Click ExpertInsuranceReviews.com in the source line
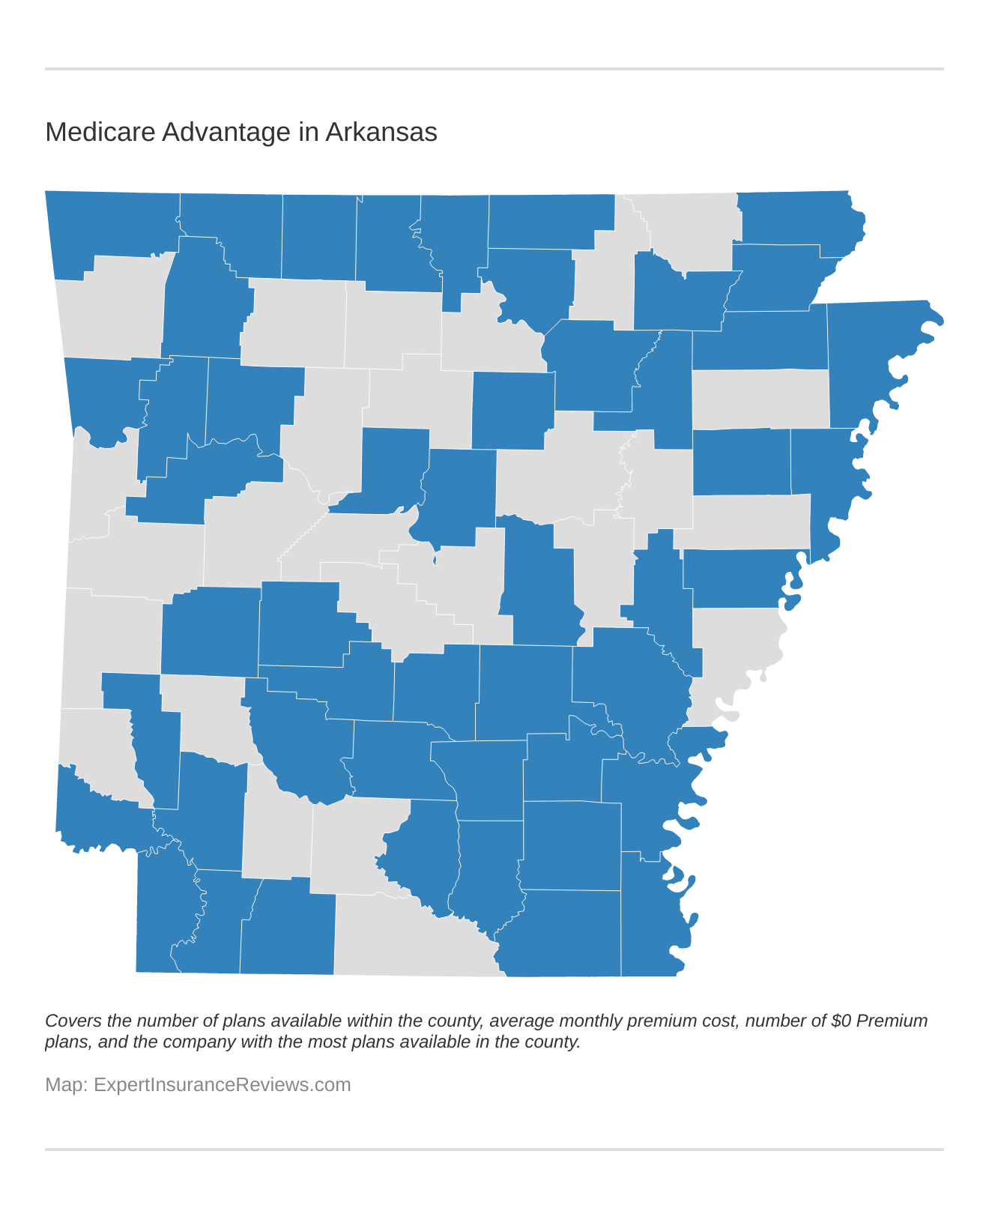(222, 1084)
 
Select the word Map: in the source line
(66, 1084)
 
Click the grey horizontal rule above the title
(494, 69)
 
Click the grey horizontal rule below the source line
(494, 1149)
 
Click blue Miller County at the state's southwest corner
(161, 914)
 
